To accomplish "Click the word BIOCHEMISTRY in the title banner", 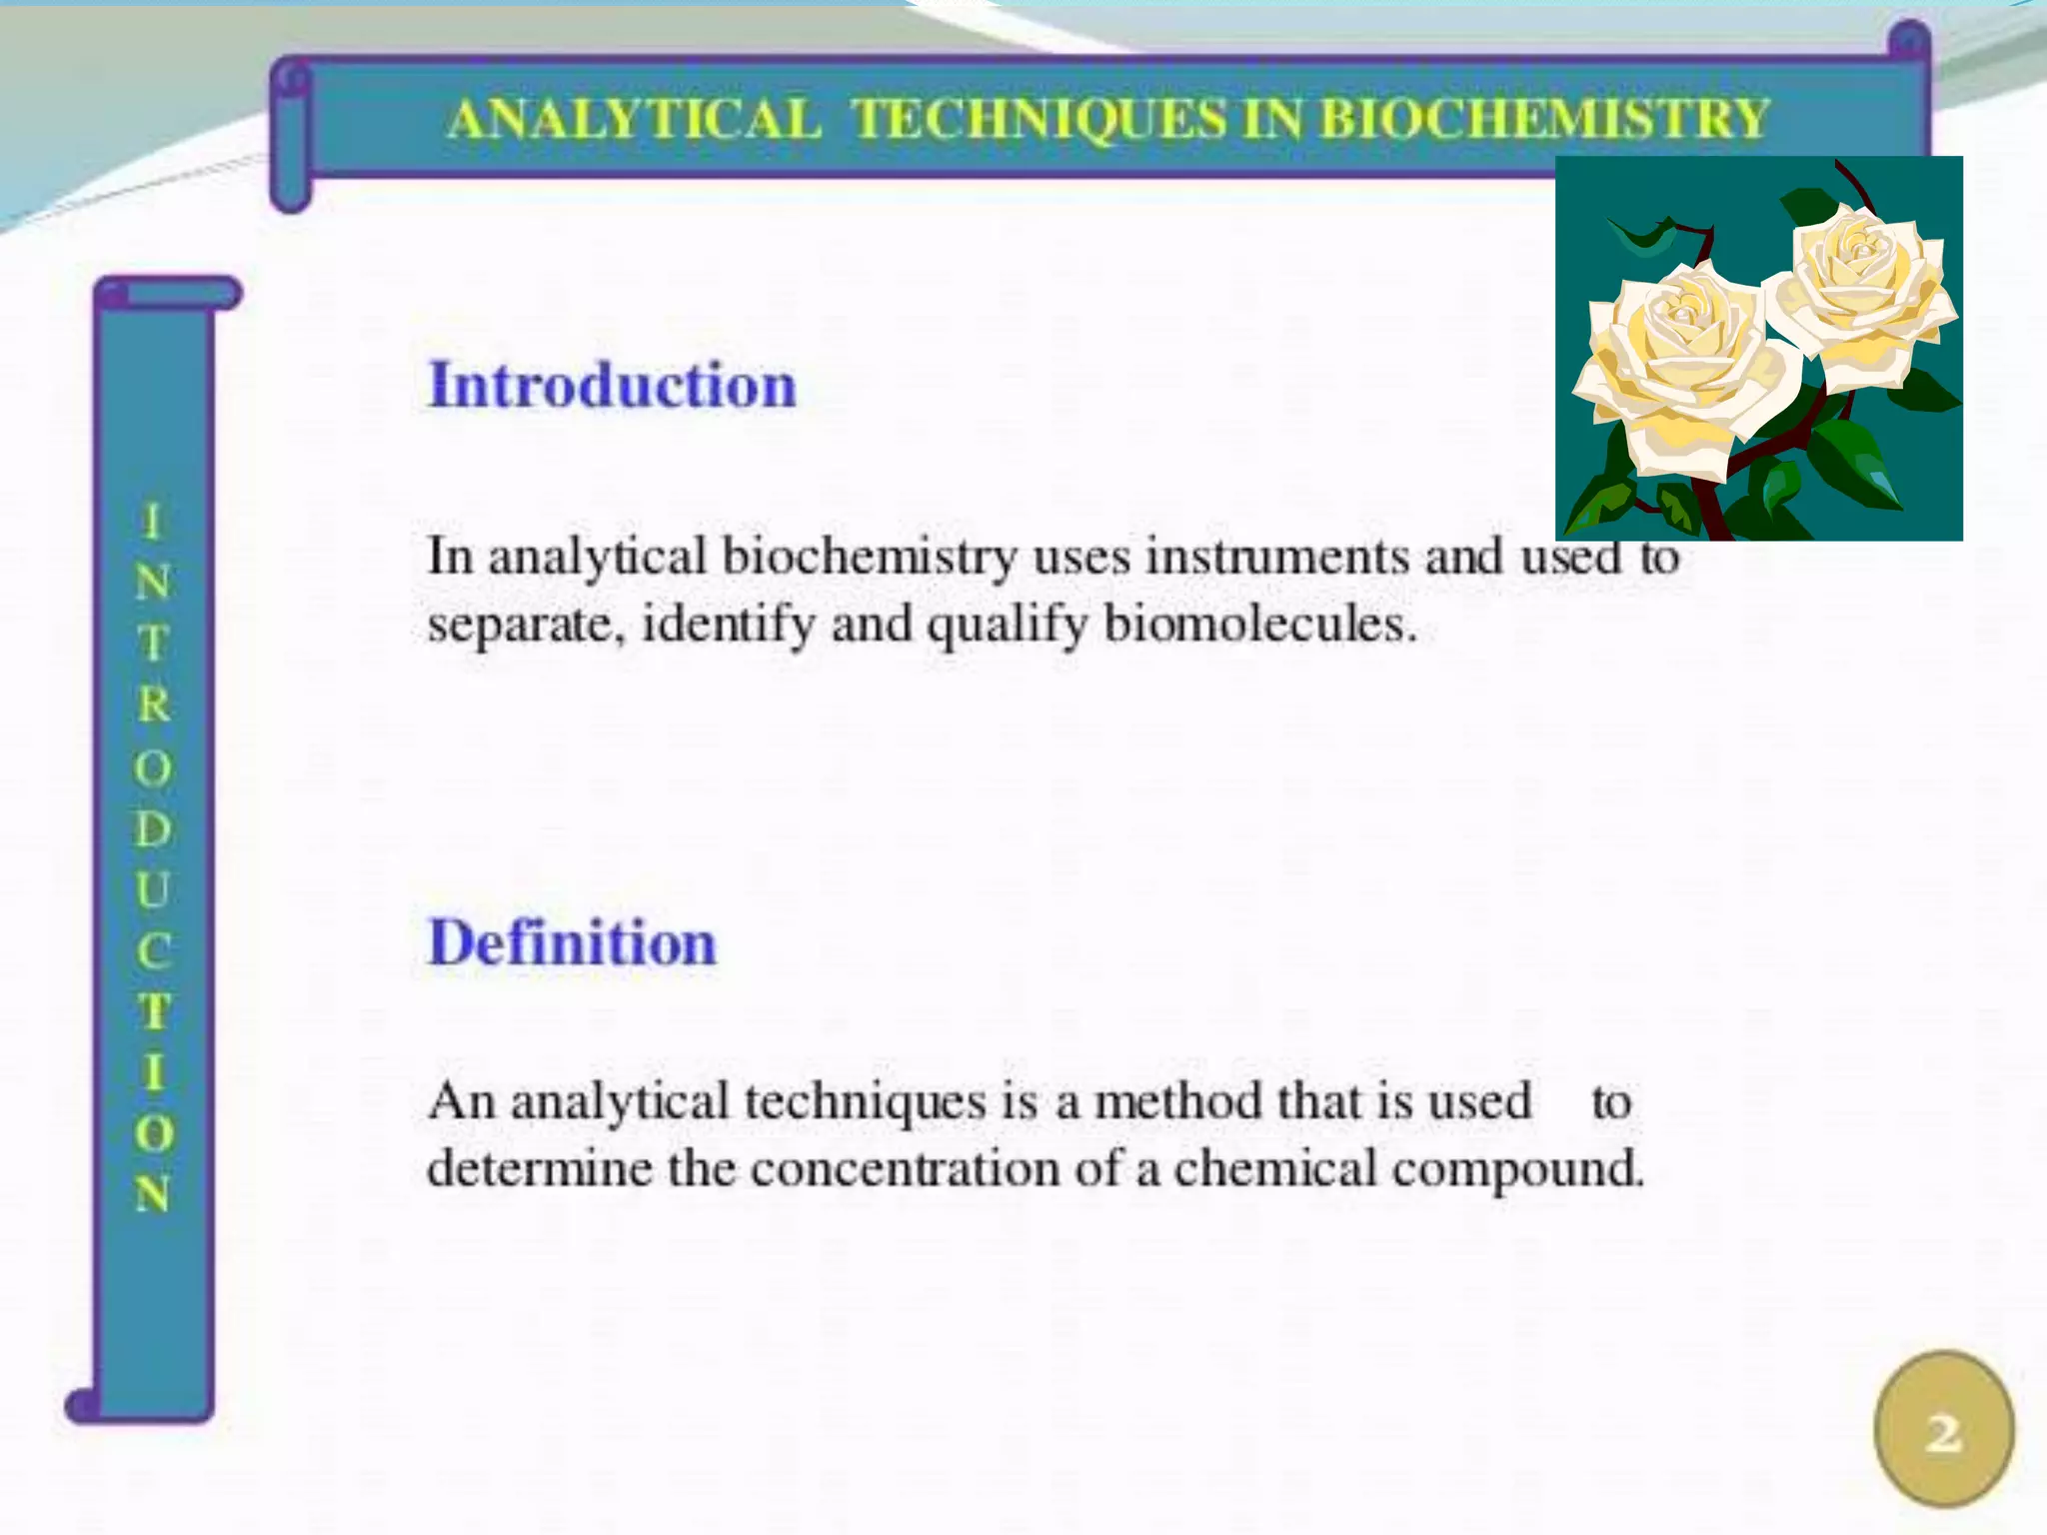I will [1544, 118].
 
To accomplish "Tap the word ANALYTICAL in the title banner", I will [635, 118].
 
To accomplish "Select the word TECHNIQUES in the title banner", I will [1039, 118].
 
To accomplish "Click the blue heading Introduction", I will [612, 385].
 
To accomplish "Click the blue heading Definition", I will [573, 942].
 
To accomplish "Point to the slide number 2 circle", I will [1943, 1430].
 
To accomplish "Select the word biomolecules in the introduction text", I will [1259, 626].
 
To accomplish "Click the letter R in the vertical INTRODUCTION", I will [154, 705].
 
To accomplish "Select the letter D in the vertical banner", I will [154, 828].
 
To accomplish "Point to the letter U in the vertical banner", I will [154, 889].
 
